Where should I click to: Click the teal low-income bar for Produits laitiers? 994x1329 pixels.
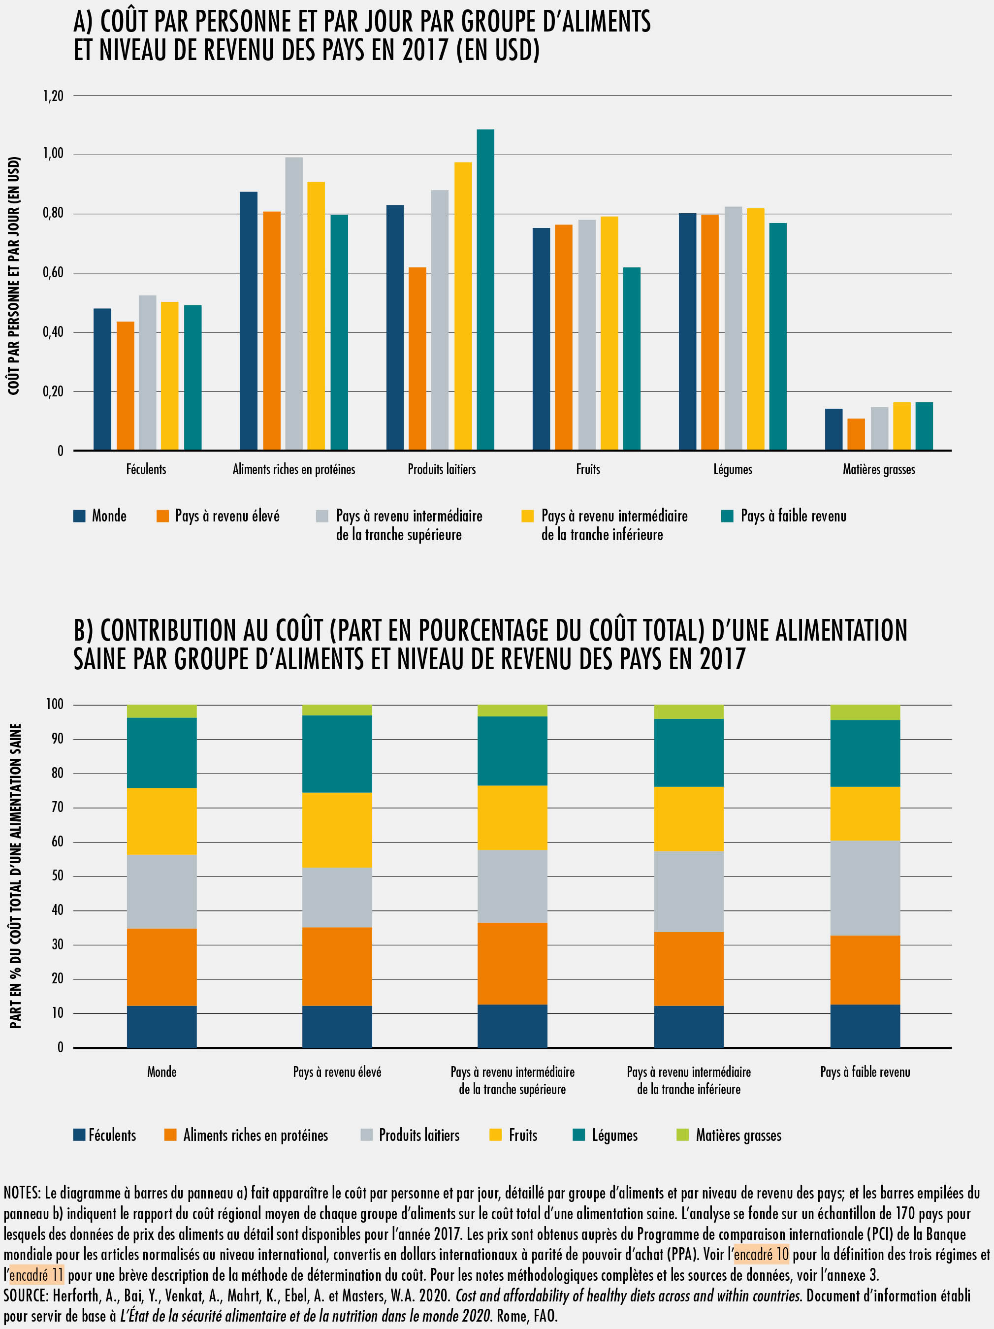click(485, 290)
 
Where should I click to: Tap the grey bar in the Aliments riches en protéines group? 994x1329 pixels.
click(294, 303)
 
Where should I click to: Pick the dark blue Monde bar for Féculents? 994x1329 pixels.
click(102, 379)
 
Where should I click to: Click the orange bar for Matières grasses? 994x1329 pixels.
click(856, 434)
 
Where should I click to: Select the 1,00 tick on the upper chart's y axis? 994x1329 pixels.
click(53, 154)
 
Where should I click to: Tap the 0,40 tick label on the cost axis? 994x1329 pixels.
click(53, 332)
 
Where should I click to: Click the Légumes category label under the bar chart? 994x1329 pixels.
click(732, 469)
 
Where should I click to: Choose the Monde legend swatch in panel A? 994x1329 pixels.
click(79, 516)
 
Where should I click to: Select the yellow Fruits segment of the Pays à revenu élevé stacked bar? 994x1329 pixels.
click(337, 830)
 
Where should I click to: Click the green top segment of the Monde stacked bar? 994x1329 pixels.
click(161, 712)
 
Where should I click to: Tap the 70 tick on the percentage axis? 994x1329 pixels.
click(57, 807)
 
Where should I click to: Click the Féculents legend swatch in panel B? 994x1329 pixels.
click(79, 1135)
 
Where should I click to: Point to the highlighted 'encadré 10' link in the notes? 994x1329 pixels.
click(761, 1255)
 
